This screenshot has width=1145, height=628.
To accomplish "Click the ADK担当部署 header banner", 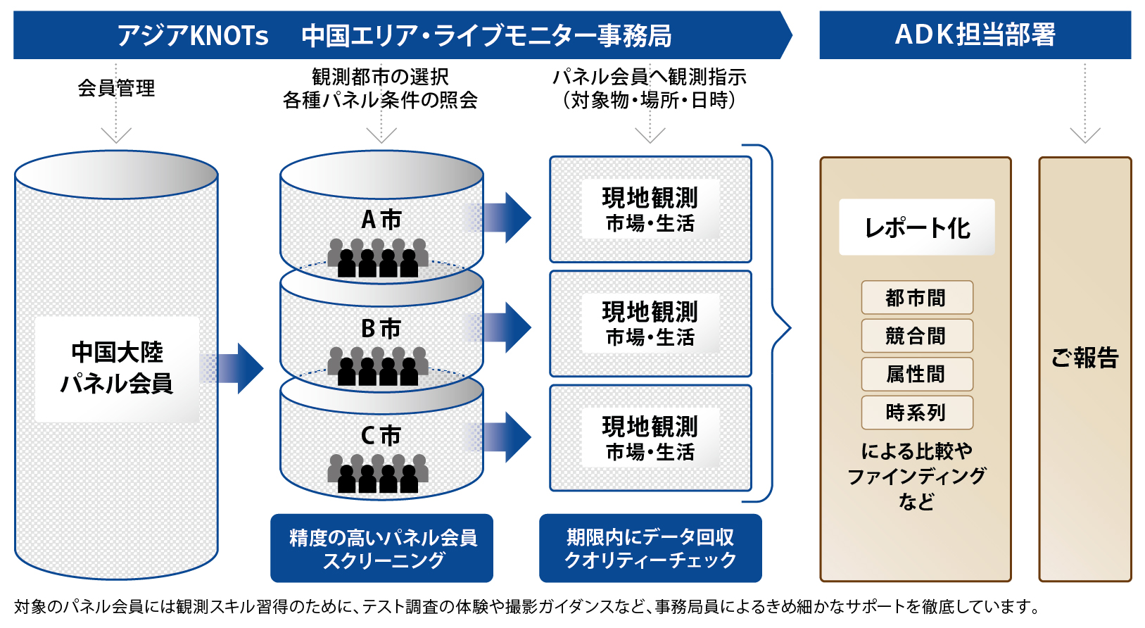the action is point(975,34).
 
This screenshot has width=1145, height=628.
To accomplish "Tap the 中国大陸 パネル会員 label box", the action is point(117,369).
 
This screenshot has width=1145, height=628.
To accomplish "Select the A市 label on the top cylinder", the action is point(381,220).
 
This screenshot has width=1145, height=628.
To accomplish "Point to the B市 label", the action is point(381,328).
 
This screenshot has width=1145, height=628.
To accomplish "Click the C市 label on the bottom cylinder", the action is point(381,437).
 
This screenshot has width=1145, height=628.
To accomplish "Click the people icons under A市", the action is point(378,258).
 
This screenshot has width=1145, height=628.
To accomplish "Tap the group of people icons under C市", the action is point(378,474).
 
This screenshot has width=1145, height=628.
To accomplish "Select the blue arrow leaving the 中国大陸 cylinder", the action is point(231,368).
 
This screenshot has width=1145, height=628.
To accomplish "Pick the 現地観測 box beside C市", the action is point(650,438).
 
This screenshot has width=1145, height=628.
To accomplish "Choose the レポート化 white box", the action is point(916,227).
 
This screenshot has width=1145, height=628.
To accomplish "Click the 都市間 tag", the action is point(917,297).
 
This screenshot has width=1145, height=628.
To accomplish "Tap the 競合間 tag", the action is point(917,336).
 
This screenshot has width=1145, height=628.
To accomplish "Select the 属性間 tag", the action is point(917,374).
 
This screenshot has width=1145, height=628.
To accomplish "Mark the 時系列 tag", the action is point(917,412).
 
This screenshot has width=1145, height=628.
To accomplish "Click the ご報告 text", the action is point(1084,357).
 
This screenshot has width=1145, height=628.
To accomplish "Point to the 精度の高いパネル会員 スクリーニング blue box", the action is point(382,548).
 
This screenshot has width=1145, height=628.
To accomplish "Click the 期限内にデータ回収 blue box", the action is point(650,548).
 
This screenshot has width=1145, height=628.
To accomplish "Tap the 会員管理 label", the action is point(116,88).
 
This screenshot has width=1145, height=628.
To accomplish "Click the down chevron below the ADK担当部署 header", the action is point(1084,135).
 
